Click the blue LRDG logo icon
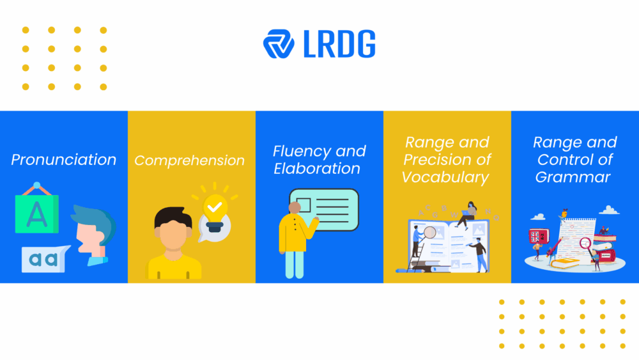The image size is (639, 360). click(x=278, y=43)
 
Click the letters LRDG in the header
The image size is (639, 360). click(x=338, y=43)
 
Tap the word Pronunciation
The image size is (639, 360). click(x=64, y=160)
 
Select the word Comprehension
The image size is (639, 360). click(x=190, y=160)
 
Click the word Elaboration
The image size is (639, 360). click(x=317, y=169)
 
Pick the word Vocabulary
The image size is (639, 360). click(x=445, y=177)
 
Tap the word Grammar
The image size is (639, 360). click(x=573, y=177)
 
